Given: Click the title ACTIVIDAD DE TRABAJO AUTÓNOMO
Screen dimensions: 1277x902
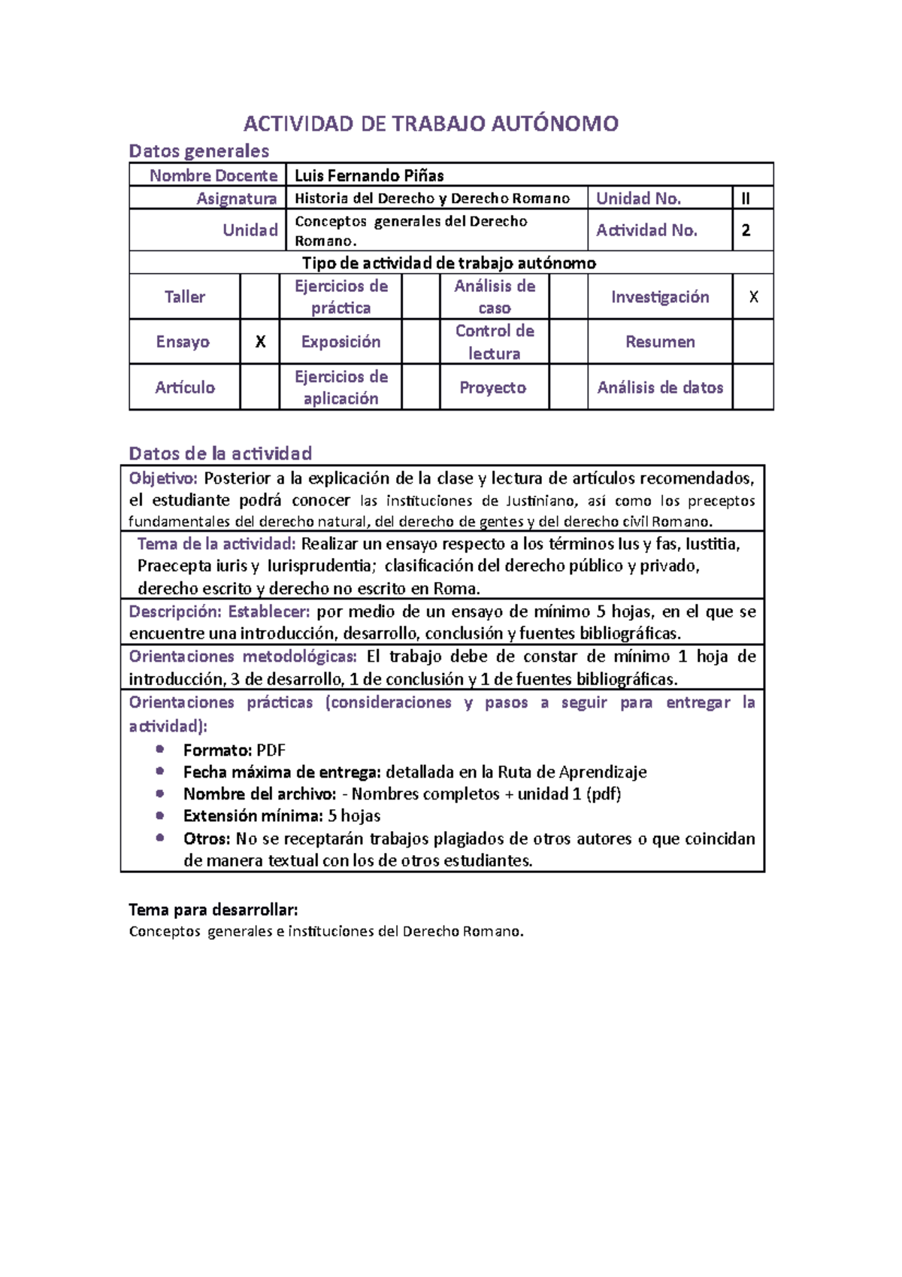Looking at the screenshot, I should pos(431,124).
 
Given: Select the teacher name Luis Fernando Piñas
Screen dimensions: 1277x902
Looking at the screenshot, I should pos(369,175).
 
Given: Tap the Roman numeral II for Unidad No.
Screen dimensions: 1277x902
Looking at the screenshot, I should pos(746,199).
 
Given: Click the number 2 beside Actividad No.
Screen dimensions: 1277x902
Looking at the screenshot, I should pos(746,230).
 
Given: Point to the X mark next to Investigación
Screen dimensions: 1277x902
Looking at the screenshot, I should pos(753,297).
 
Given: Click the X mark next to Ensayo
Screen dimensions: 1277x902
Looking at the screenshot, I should pos(260,342).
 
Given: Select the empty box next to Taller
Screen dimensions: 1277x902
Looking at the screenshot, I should pos(260,297).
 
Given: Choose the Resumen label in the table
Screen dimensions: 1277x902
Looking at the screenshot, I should pos(660,342).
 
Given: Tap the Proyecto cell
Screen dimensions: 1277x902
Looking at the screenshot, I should pos(493,387).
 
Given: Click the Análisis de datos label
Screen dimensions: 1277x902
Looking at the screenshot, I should pos(660,387).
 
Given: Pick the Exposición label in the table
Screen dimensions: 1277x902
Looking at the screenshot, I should pos(341,342).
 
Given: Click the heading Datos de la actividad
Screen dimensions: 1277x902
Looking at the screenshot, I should pos(220,453).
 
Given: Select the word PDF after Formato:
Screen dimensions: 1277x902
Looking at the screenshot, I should pos(271,750).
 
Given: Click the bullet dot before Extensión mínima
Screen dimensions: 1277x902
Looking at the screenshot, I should pos(160,815).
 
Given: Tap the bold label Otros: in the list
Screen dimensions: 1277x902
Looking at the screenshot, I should pos(207,839).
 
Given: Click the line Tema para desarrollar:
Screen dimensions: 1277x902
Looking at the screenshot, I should pos(213,910).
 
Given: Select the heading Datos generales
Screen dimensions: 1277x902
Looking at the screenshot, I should pos(199,151).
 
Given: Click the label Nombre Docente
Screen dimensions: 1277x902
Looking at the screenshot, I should pos(213,175).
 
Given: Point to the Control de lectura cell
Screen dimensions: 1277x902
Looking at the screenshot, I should pos(495,342).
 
